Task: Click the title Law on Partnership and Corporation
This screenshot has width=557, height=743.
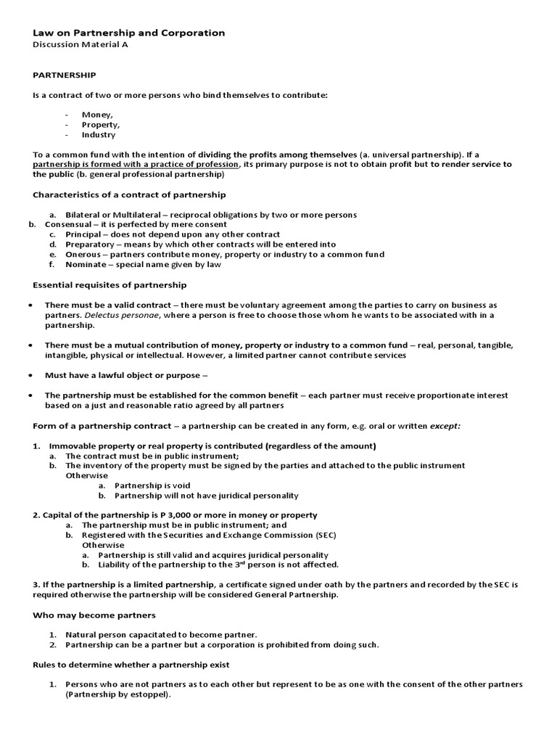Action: (x=129, y=33)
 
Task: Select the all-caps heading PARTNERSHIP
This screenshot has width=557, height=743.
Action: (x=65, y=75)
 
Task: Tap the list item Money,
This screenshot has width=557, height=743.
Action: (x=97, y=115)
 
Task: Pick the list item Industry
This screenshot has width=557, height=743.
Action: (x=99, y=135)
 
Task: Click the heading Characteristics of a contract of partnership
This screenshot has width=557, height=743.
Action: (x=129, y=194)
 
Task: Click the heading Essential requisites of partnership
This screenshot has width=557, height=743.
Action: (x=110, y=285)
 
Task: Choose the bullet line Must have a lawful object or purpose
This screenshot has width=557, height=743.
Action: (x=126, y=375)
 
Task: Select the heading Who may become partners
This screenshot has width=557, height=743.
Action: (x=94, y=615)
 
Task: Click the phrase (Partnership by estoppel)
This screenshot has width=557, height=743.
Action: (x=118, y=694)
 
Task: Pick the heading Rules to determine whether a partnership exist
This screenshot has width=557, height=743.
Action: (x=131, y=665)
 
